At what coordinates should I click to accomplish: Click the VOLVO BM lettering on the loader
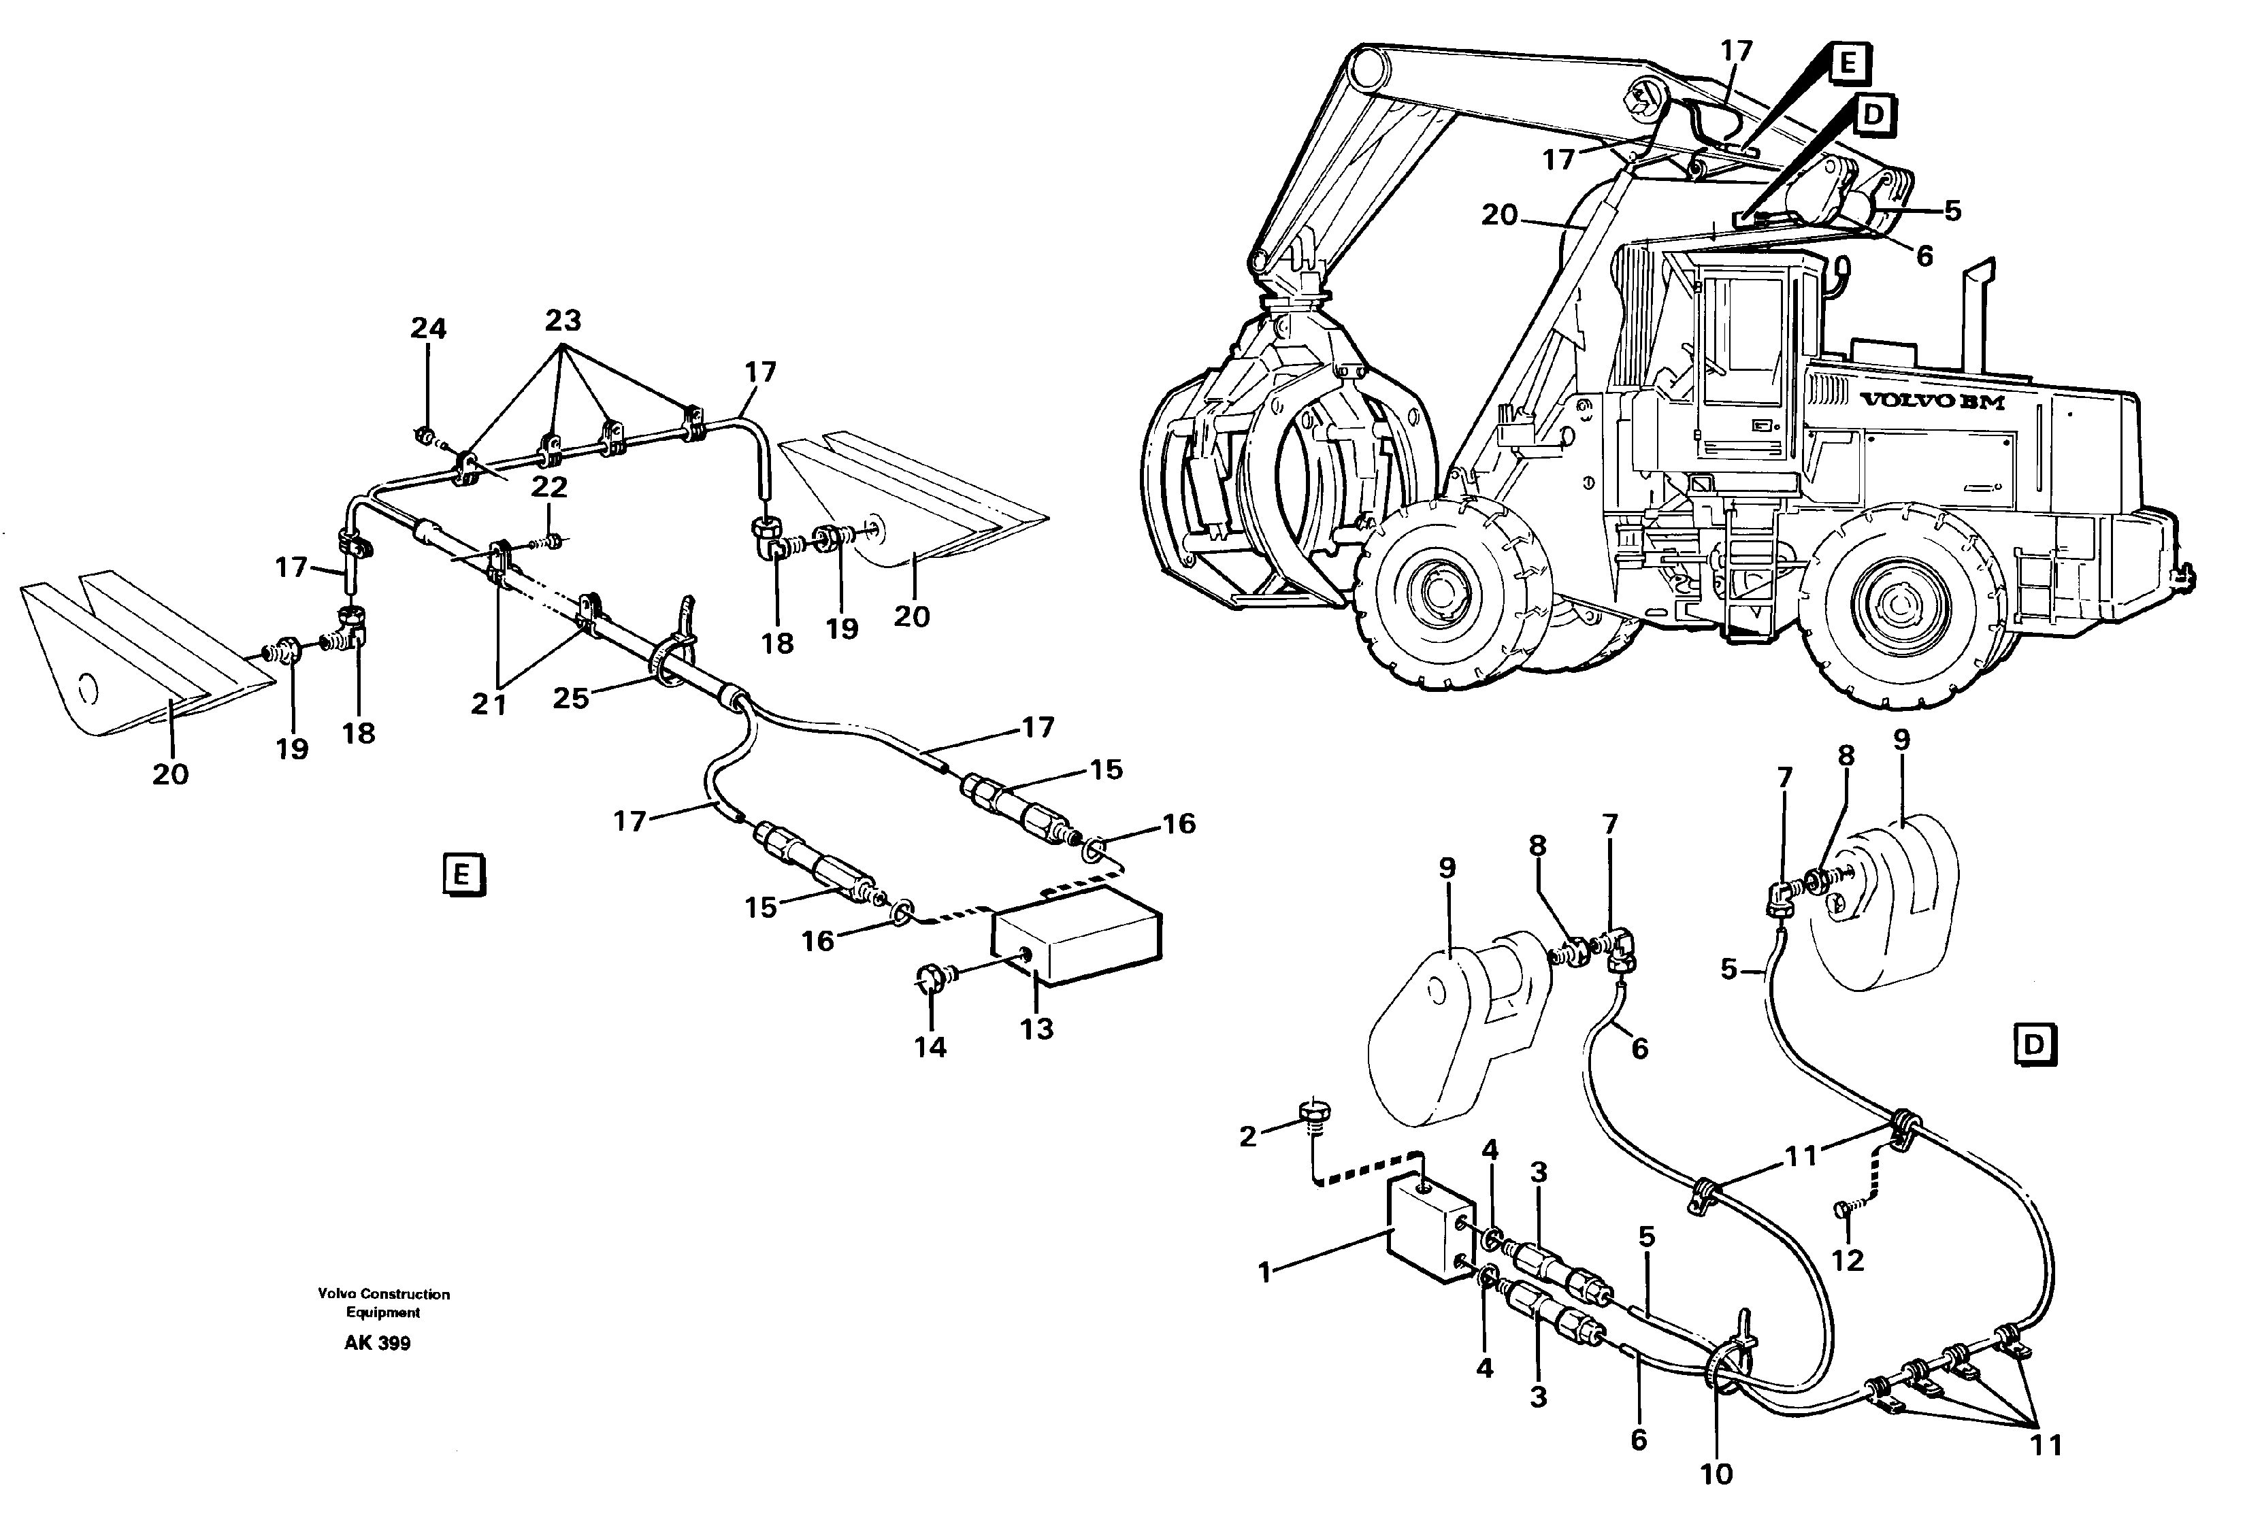(1931, 401)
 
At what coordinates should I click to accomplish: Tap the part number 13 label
(1036, 1029)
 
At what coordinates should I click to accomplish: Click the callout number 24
(428, 329)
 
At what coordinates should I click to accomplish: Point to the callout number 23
(563, 320)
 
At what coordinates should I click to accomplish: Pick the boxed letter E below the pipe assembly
(461, 875)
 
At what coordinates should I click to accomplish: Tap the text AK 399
(377, 1344)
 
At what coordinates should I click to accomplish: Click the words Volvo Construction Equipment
(384, 1303)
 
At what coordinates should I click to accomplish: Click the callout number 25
(570, 697)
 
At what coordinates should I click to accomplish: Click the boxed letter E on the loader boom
(1847, 64)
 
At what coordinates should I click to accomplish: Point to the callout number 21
(489, 705)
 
